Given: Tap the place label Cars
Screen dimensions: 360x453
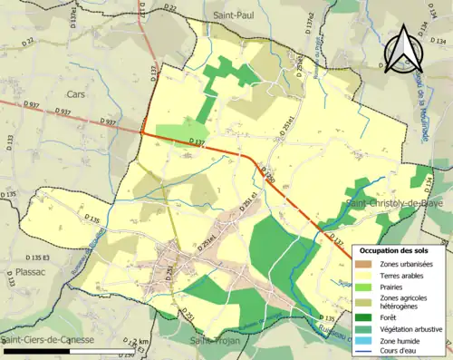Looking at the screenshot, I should tap(74, 93).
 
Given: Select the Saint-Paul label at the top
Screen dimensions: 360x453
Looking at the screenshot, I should tap(234, 15).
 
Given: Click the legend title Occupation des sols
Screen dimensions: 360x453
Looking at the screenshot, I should tap(400, 249).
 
